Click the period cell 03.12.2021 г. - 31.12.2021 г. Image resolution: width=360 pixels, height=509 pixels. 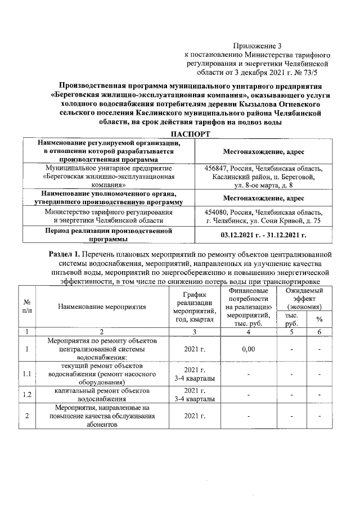263,235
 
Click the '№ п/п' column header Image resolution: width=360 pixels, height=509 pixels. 26,307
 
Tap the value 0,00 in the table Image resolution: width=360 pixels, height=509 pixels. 248,349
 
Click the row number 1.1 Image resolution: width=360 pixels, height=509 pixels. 26,373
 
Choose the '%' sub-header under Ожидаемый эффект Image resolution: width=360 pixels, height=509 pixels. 319,319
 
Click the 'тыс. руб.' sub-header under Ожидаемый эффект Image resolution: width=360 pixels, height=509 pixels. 292,319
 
